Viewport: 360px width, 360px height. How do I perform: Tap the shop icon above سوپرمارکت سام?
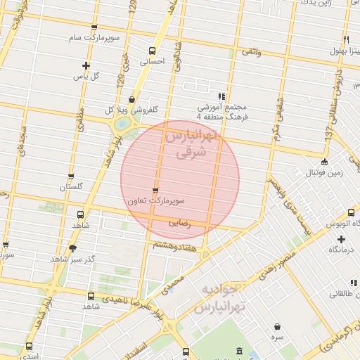tap(94, 27)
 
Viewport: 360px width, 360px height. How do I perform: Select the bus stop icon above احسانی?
tap(153, 51)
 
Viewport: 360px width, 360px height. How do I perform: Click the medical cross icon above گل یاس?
tap(85, 66)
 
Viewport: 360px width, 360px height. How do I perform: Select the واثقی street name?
tap(251, 52)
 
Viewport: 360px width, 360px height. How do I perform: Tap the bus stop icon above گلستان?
tap(70, 177)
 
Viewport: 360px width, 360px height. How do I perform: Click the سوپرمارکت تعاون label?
tap(155, 201)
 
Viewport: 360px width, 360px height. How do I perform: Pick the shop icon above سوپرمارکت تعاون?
tap(155, 191)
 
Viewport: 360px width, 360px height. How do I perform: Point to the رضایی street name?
tap(180, 223)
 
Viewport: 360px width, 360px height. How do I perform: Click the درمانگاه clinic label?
tap(342, 250)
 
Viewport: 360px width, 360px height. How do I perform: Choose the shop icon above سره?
tap(278, 327)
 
